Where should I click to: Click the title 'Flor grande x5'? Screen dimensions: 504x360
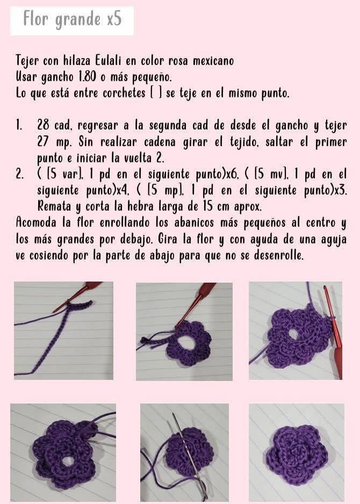(72, 20)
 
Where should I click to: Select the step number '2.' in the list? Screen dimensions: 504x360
(20, 174)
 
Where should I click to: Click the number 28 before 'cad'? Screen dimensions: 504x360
(44, 126)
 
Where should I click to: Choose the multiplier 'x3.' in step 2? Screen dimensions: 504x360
(340, 190)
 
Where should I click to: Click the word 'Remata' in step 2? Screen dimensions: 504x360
(54, 206)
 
